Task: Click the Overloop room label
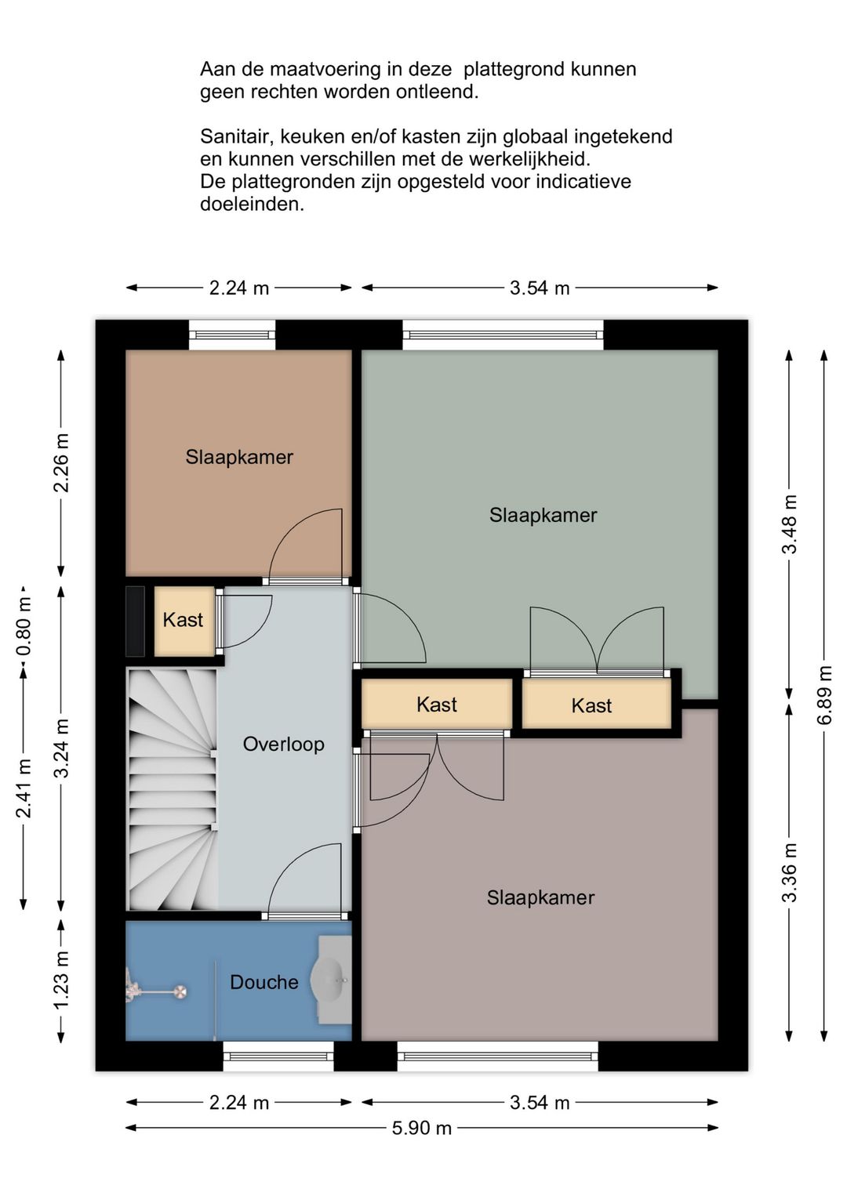283,744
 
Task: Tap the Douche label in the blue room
264,982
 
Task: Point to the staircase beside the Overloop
172,789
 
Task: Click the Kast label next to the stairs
183,620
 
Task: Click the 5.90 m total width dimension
422,1128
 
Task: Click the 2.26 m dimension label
61,462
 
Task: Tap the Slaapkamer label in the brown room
239,457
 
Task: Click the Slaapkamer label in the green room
543,515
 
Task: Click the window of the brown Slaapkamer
232,335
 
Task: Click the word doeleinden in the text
252,204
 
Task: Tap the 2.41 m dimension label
24,788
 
